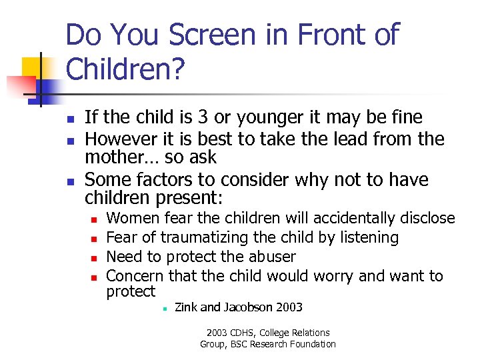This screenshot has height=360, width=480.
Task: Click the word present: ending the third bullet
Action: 192,198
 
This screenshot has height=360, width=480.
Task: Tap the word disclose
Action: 427,218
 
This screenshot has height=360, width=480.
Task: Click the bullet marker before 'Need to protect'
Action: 94,257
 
